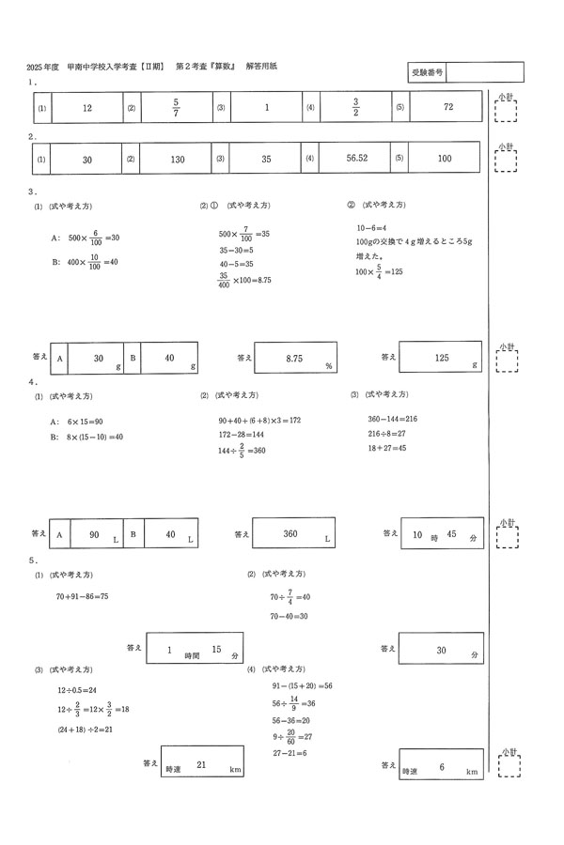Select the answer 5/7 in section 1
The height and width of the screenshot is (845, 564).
coord(176,108)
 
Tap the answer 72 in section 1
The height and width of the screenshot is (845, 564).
coord(447,108)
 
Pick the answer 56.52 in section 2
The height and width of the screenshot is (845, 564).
coord(356,160)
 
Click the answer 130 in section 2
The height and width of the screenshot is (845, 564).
coord(176,160)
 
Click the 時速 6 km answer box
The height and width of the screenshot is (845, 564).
coord(441,767)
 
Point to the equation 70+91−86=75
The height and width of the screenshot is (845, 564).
coord(83,596)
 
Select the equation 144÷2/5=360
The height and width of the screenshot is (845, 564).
coord(242,451)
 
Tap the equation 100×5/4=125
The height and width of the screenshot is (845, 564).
coord(379,272)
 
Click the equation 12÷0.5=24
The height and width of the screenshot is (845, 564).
coord(77,690)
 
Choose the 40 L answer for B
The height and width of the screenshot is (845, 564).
coord(170,534)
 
